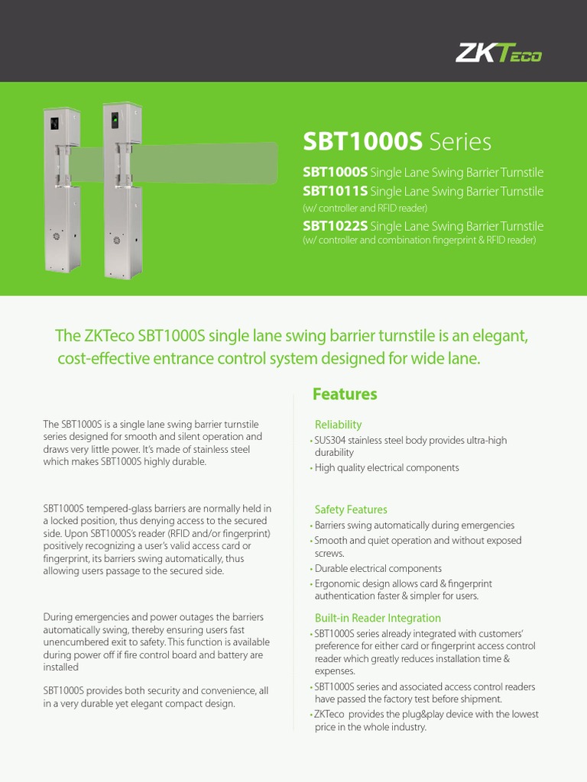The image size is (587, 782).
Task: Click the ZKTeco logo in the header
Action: pyautogui.click(x=498, y=53)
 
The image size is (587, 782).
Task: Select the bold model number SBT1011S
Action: pyautogui.click(x=335, y=191)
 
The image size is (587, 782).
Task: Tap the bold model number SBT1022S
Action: pyautogui.click(x=335, y=226)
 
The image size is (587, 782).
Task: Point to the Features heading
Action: pyautogui.click(x=345, y=394)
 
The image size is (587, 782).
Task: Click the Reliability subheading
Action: pyautogui.click(x=338, y=425)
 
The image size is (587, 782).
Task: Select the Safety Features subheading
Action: pyautogui.click(x=351, y=509)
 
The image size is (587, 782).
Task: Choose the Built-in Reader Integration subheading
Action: pyautogui.click(x=378, y=618)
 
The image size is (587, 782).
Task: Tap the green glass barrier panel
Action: pyautogui.click(x=206, y=160)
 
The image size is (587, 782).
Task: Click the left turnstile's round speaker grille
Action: pyautogui.click(x=54, y=236)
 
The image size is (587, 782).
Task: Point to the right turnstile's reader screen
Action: pyautogui.click(x=115, y=121)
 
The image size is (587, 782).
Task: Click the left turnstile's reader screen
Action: pyautogui.click(x=54, y=122)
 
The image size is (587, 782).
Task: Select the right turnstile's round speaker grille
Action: pyautogui.click(x=117, y=240)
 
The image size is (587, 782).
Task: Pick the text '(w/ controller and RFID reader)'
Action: pyautogui.click(x=365, y=208)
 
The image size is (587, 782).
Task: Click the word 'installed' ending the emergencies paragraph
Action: pyautogui.click(x=60, y=667)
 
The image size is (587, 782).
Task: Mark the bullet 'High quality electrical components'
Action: pyautogui.click(x=387, y=467)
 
